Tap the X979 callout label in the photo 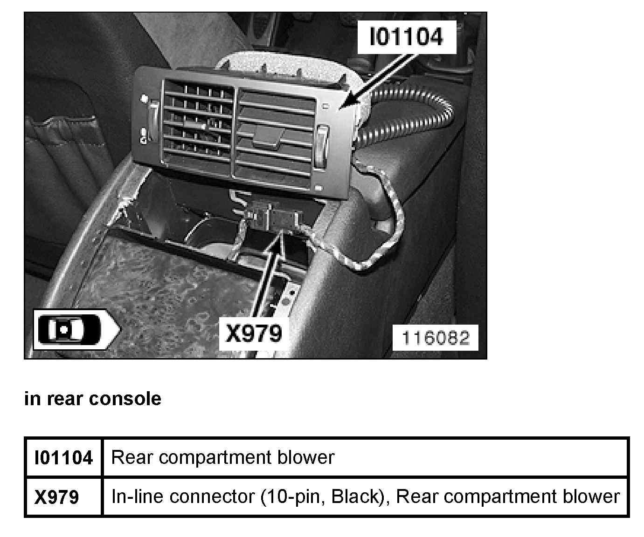[254, 333]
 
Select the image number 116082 [435, 338]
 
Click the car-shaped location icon [75, 329]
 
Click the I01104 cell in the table [63, 458]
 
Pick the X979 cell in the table [57, 497]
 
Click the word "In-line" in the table [138, 496]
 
